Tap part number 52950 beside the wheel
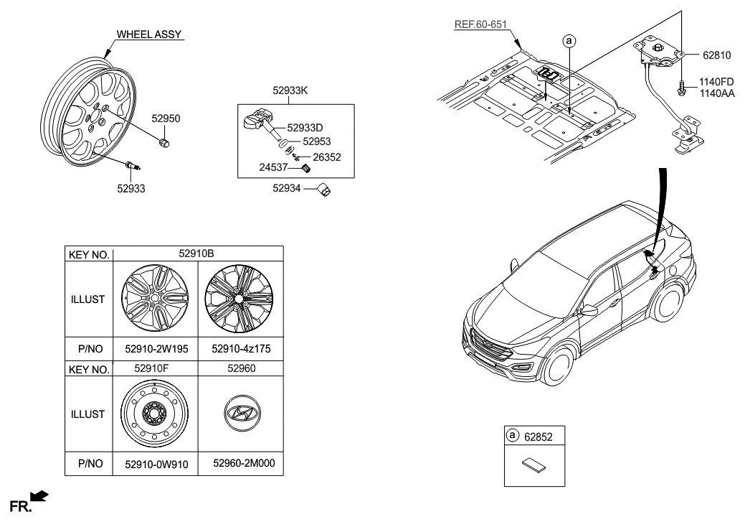tap(165, 117)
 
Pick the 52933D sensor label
tap(308, 127)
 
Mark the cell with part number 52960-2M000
tap(243, 464)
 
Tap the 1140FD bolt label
tap(716, 82)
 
